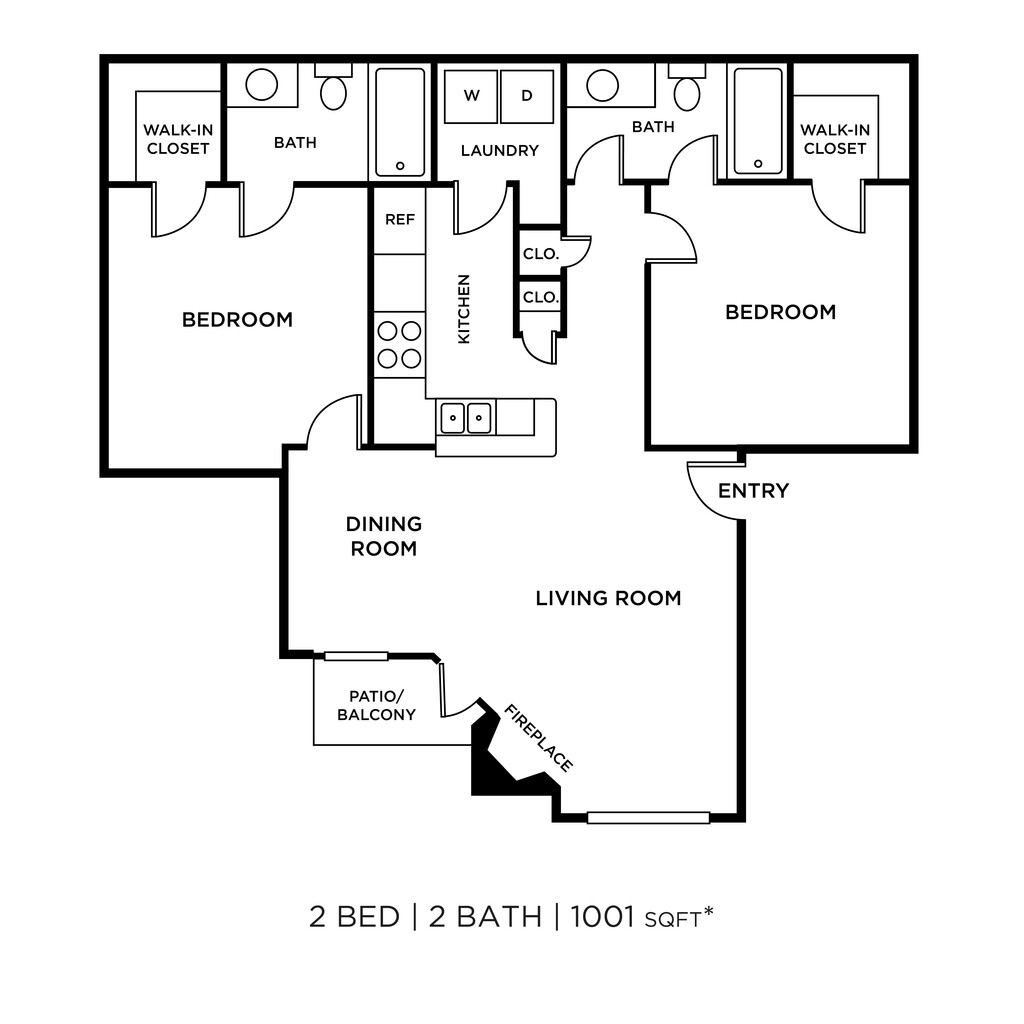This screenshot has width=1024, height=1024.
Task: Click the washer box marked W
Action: (x=471, y=97)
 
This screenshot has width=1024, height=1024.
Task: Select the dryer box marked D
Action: (x=526, y=97)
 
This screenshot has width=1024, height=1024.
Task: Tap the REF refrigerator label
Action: (x=399, y=220)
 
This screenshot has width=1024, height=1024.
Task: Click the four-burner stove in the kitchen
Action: (x=399, y=344)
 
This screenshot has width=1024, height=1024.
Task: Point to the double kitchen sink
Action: (x=466, y=417)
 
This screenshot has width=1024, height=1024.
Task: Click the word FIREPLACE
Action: (x=539, y=739)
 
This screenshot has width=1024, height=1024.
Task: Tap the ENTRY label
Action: (x=753, y=491)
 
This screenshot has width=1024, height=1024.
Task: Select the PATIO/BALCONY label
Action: (x=376, y=705)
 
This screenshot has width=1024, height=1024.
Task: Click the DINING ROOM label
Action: (x=384, y=536)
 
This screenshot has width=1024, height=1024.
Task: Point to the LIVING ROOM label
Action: (x=608, y=599)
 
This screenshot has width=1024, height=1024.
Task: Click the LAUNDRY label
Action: (x=499, y=151)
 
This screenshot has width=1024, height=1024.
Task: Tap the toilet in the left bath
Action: (x=333, y=91)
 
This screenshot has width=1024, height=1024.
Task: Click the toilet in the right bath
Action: (x=686, y=91)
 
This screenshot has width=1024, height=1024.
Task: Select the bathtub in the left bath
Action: (x=399, y=121)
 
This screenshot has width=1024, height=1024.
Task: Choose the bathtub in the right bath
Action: (x=757, y=120)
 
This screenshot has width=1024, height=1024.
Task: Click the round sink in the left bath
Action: (x=262, y=85)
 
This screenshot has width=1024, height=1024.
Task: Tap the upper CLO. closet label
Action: (x=540, y=254)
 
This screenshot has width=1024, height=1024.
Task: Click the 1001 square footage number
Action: (x=602, y=917)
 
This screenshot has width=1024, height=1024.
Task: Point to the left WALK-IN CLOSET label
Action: (x=177, y=139)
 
